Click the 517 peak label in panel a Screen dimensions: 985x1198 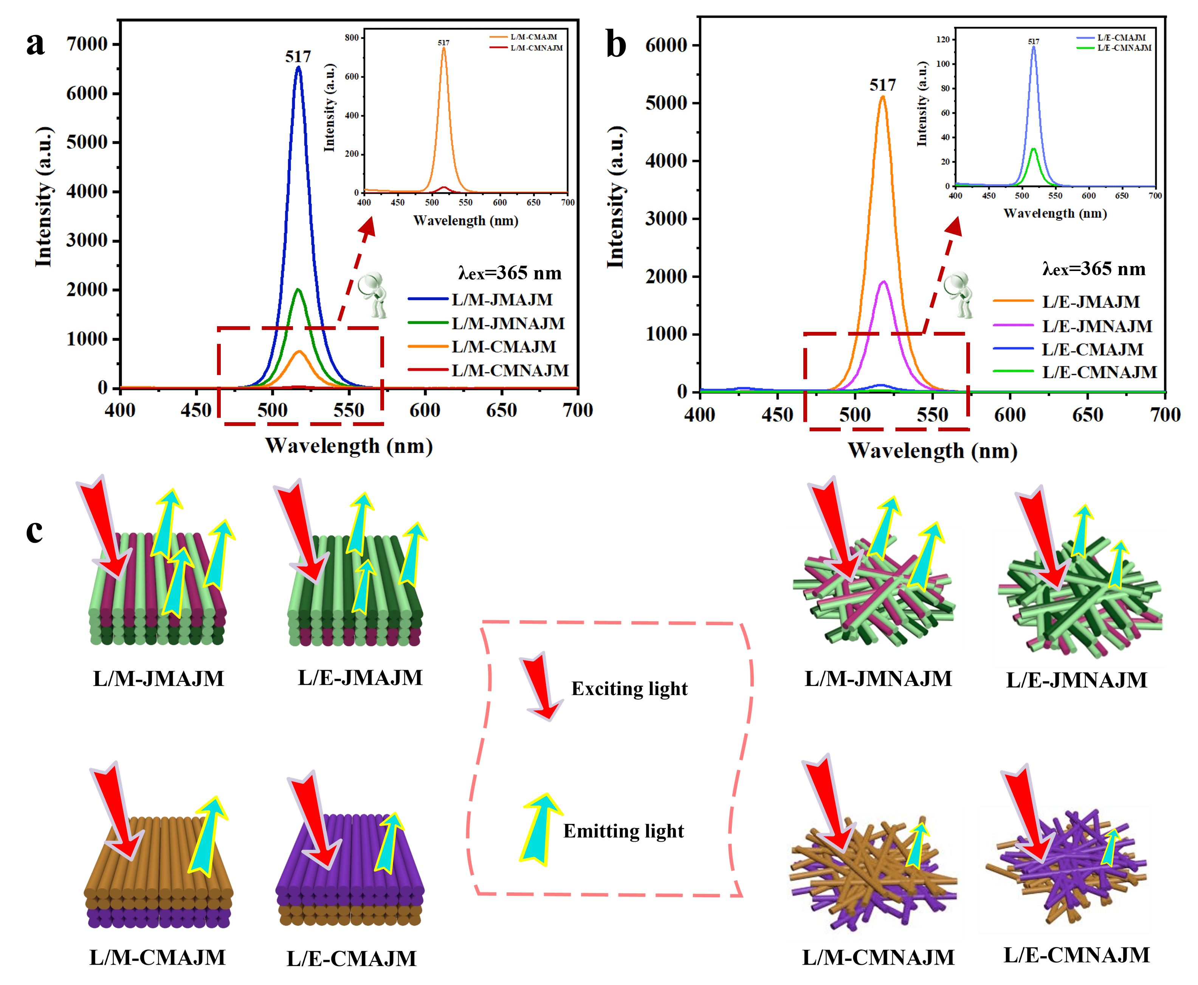point(298,56)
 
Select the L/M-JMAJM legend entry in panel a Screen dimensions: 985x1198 point(502,300)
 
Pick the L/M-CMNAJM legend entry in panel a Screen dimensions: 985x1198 point(510,370)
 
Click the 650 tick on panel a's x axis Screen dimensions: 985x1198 point(502,410)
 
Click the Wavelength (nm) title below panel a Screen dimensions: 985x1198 point(349,446)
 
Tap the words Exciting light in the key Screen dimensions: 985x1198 point(629,689)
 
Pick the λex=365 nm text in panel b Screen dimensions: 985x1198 point(1094,269)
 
